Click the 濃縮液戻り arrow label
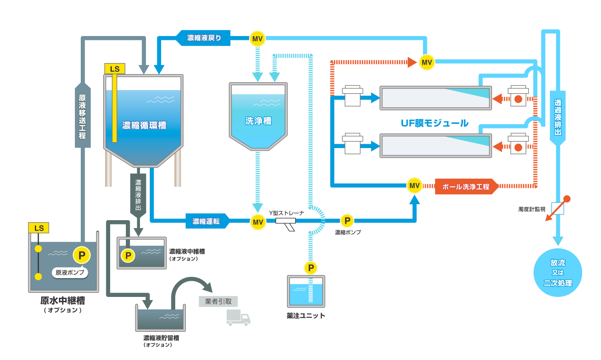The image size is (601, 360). click(204, 38)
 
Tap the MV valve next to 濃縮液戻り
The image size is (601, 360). click(257, 39)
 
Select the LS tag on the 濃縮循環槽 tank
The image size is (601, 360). click(114, 69)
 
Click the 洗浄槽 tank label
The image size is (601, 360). click(258, 121)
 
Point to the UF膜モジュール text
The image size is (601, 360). click(434, 123)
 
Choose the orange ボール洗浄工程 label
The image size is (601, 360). click(466, 187)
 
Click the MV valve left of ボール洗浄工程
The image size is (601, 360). click(414, 186)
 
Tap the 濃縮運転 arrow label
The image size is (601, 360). click(206, 221)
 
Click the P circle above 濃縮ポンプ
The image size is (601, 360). click(347, 221)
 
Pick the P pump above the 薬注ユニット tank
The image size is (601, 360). click(311, 268)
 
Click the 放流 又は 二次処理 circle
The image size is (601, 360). click(557, 273)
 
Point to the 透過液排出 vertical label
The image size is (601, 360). click(557, 117)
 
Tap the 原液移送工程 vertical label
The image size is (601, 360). click(82, 116)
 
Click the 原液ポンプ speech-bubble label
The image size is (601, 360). click(70, 272)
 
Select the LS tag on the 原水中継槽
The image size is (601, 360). click(39, 228)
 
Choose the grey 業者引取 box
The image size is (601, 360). click(218, 301)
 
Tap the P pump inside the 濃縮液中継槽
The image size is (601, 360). click(128, 256)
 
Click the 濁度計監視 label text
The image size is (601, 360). click(532, 209)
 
